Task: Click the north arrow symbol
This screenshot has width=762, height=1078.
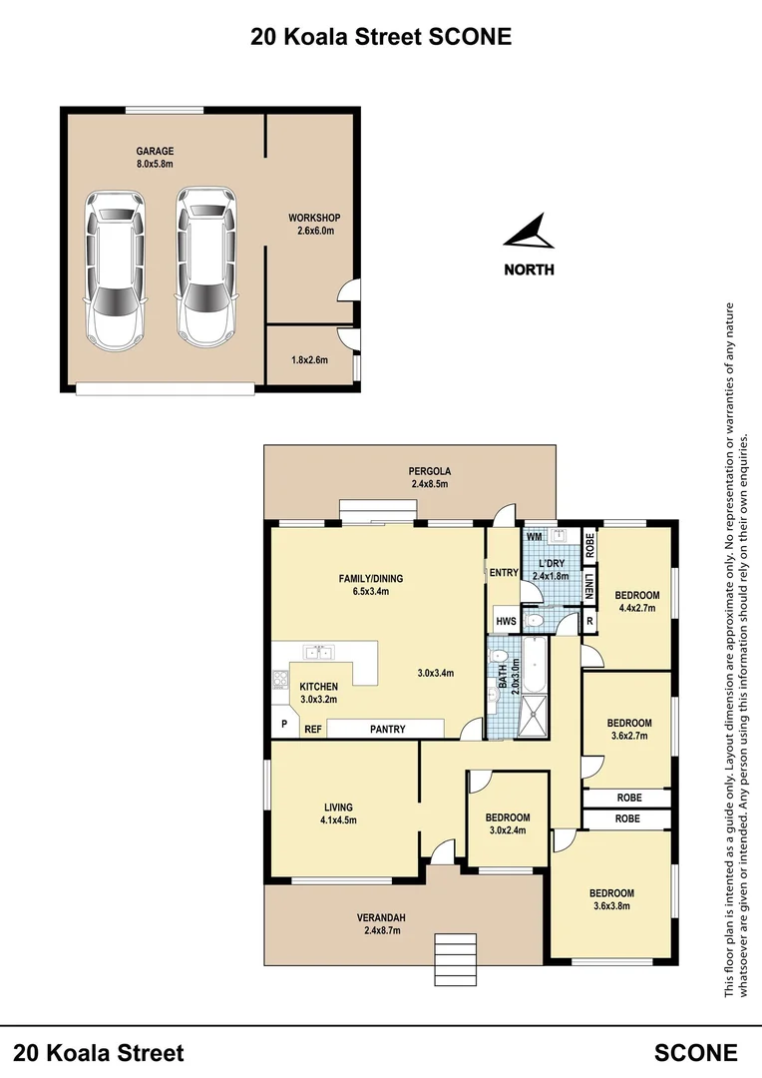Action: click(x=529, y=234)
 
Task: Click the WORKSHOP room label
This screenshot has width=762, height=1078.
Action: click(x=314, y=218)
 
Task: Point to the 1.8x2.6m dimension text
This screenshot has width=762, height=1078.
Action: click(x=309, y=359)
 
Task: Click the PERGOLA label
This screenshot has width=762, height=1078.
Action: click(x=430, y=471)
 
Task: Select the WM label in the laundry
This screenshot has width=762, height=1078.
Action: click(x=534, y=537)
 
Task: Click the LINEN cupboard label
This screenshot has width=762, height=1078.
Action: click(x=589, y=588)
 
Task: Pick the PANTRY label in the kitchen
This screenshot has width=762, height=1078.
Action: click(x=387, y=730)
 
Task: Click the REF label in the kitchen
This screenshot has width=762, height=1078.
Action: click(x=312, y=730)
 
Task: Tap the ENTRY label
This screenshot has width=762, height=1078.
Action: click(x=503, y=573)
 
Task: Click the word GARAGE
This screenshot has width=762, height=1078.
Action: click(x=155, y=152)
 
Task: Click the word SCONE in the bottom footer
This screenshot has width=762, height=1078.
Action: click(x=696, y=1052)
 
